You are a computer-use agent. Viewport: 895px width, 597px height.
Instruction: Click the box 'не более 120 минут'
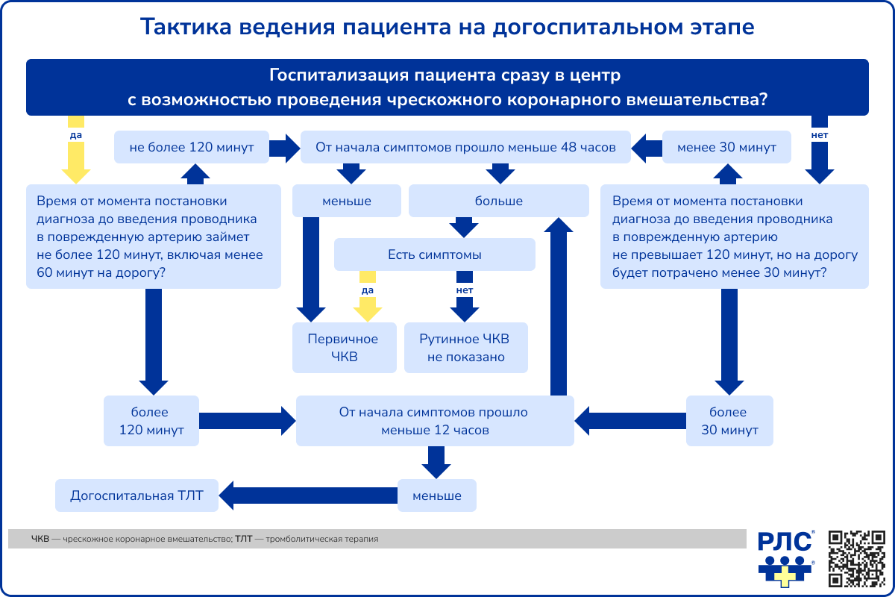192,148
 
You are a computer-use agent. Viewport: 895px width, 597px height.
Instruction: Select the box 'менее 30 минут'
727,148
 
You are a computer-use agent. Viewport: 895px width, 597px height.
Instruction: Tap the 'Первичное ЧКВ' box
343,348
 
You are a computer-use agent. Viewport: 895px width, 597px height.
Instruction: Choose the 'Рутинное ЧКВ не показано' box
466,348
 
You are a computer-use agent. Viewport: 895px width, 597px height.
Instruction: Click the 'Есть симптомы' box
434,254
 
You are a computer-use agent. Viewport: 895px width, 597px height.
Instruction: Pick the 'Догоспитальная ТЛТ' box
136,496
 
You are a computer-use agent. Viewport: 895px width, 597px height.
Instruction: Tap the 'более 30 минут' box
729,421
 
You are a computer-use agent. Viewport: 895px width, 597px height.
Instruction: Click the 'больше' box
498,201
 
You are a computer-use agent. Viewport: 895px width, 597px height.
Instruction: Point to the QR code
856,557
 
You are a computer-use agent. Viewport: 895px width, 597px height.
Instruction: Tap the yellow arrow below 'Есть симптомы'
367,306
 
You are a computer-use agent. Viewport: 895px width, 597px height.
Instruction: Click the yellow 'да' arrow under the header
75,160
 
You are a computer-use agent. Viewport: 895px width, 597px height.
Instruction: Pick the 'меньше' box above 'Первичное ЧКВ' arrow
346,201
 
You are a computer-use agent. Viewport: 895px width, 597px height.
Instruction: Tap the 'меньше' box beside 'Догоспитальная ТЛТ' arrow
436,496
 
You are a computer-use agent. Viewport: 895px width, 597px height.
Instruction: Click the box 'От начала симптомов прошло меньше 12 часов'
435,421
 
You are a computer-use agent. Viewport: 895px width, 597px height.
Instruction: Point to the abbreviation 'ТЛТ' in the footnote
244,538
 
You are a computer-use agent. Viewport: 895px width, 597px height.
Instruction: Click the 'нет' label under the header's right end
819,135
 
